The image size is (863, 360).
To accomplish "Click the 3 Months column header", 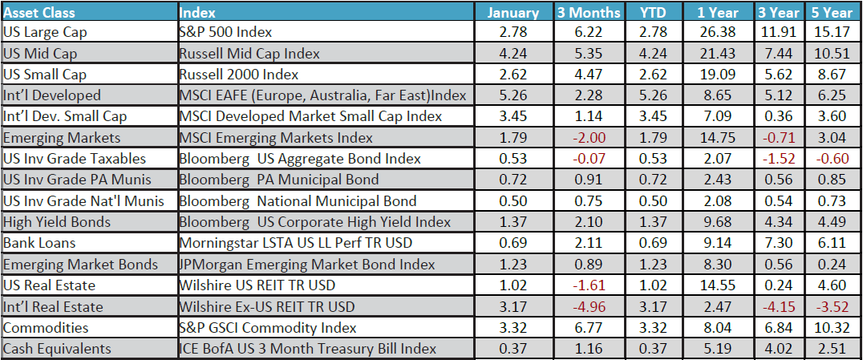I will coord(589,12).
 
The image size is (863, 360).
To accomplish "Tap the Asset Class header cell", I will coord(37,12).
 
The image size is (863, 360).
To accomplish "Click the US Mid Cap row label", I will coord(39,54).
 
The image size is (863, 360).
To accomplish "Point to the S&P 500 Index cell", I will coord(227,33).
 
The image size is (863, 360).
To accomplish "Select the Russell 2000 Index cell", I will coord(240,75).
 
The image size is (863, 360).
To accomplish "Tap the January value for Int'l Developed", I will coord(513,96).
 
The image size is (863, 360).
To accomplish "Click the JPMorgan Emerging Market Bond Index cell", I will coord(307,264).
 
